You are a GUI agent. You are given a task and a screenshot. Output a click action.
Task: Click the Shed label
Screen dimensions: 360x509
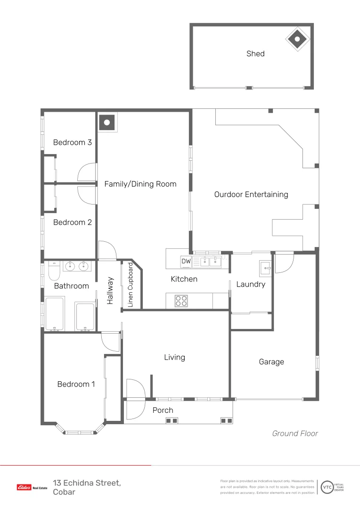[x=255, y=54]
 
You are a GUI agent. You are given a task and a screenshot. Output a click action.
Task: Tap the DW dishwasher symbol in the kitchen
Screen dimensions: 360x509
[x=186, y=261]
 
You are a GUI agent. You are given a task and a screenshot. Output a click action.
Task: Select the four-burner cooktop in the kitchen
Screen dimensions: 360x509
[x=181, y=301]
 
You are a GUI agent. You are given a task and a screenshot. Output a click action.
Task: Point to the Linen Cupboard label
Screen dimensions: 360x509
[x=131, y=285]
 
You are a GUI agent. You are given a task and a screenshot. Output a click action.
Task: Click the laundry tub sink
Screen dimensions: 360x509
[x=265, y=269]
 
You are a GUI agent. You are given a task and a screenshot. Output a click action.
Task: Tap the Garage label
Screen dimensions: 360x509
[x=271, y=361]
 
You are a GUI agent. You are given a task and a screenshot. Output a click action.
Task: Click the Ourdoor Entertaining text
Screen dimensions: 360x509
[x=251, y=195]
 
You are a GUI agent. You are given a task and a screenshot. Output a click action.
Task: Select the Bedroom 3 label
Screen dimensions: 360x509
[x=73, y=142]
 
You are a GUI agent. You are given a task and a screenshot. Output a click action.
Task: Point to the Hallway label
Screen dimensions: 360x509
[x=110, y=290]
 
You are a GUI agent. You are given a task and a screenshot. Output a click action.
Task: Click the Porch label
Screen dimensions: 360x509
[x=163, y=410]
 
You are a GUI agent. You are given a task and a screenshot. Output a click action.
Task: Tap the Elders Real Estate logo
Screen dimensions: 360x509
[x=32, y=487]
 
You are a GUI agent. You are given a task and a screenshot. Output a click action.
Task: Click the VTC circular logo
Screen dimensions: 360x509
[x=327, y=487]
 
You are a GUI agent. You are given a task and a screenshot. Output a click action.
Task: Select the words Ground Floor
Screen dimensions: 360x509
[x=295, y=434]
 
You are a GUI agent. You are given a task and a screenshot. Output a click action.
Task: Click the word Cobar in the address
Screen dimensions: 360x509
[x=64, y=492]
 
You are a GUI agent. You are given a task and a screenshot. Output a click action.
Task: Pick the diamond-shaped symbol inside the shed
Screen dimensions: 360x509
[x=297, y=39]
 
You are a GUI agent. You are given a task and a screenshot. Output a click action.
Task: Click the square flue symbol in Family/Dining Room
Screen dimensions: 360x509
[x=107, y=123]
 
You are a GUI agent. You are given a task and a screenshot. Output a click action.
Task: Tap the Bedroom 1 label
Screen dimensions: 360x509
[x=76, y=385]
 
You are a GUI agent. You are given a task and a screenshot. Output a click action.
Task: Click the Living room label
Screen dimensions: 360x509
[x=175, y=357]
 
